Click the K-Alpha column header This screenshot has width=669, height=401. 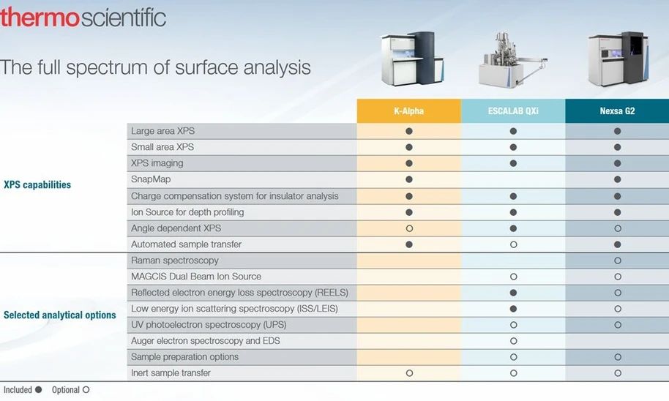point(409,111)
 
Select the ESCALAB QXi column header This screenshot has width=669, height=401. point(513,111)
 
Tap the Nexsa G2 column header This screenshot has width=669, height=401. point(617,111)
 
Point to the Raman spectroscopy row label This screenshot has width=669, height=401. point(174,261)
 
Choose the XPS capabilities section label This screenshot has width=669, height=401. point(37,184)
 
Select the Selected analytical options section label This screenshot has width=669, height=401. point(60,315)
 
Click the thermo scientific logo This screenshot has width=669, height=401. point(83,18)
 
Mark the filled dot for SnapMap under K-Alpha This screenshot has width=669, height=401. point(409,179)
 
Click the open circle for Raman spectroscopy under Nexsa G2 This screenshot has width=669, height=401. point(617,261)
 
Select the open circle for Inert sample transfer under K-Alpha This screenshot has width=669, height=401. point(409,373)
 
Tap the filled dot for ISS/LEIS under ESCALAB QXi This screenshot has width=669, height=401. point(513,309)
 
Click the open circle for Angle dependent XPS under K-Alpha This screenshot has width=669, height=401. point(409,228)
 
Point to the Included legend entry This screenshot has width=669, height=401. point(23,390)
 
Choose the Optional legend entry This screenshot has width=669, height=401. point(70,390)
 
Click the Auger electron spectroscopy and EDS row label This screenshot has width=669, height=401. point(205,341)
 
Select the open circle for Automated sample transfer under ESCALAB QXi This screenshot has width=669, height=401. point(513,244)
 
